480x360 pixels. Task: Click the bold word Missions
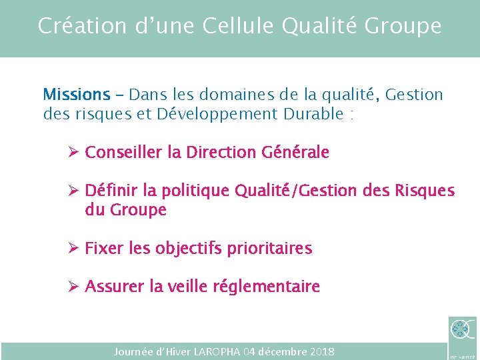coord(76,95)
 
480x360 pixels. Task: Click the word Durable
coord(313,114)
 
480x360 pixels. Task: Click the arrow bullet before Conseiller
coord(74,153)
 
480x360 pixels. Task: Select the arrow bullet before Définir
coord(74,191)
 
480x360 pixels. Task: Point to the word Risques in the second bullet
coord(424,191)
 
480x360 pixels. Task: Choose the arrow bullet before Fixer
coord(74,249)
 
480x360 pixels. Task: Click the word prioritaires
coord(269,249)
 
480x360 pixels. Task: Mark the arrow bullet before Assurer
coord(74,287)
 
